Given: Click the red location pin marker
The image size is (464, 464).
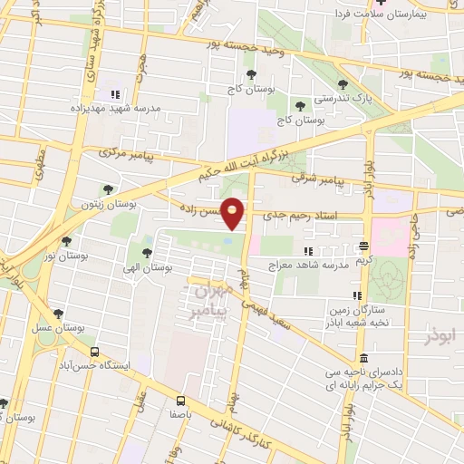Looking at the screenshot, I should (x=234, y=213).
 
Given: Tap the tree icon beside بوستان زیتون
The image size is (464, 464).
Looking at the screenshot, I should (x=109, y=190).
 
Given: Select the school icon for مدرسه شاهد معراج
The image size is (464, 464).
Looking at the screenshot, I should (x=309, y=251).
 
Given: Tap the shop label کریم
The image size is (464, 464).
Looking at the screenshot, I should (x=363, y=260).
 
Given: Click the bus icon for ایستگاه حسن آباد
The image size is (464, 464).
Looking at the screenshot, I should (x=94, y=352).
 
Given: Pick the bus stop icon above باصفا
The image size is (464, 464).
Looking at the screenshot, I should (x=179, y=400).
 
